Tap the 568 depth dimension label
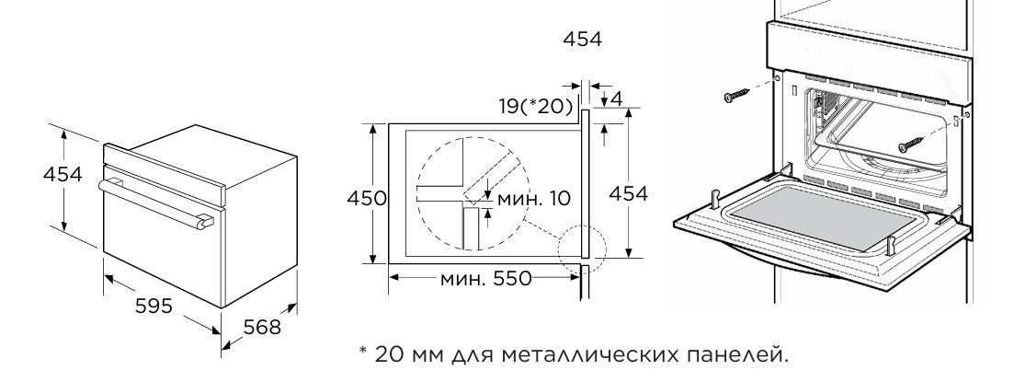click(x=261, y=327)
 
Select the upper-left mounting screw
click(x=735, y=96)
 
